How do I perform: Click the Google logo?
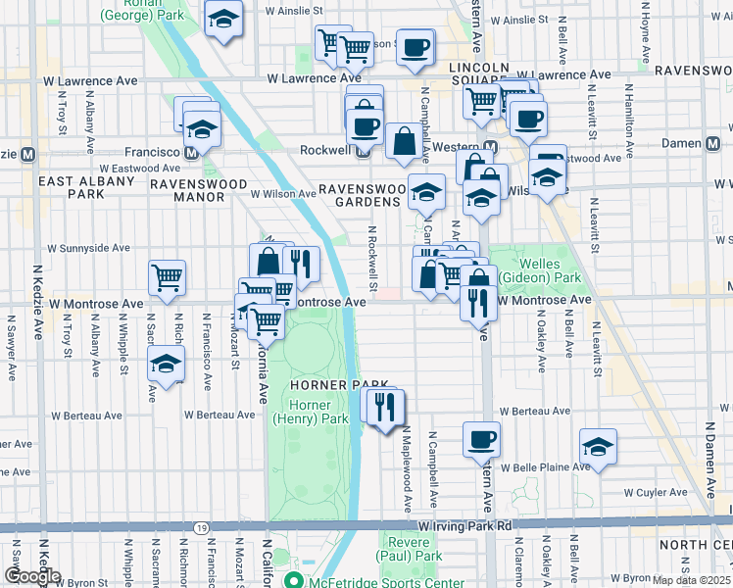tap(32, 576)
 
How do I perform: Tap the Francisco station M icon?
tap(191, 153)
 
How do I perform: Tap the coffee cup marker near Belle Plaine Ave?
tap(480, 439)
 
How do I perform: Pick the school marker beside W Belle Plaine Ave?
tap(598, 446)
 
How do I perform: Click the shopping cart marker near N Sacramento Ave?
tap(167, 277)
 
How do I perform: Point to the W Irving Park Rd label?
tap(464, 526)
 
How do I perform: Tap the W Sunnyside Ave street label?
tap(88, 248)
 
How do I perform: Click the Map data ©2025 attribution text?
tap(691, 580)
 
